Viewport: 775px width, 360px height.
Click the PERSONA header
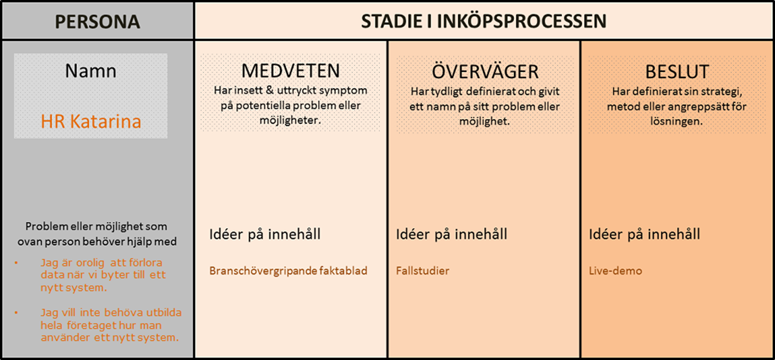[98, 22]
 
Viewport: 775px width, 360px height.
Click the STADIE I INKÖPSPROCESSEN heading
[484, 21]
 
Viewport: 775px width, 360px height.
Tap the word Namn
[90, 71]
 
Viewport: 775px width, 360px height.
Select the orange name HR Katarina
[91, 121]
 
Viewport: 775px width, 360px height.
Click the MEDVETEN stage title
[290, 71]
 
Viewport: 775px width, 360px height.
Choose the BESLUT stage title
[677, 72]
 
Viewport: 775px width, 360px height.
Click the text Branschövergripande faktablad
[288, 271]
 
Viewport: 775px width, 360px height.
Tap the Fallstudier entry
[423, 271]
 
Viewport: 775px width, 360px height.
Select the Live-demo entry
[615, 271]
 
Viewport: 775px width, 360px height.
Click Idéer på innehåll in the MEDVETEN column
[265, 234]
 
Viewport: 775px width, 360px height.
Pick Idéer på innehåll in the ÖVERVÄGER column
[452, 234]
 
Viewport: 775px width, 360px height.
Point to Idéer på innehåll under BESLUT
[645, 234]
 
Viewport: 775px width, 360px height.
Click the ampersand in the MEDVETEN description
[270, 90]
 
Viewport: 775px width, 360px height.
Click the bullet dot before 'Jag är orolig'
[16, 263]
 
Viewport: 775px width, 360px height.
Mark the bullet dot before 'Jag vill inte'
[16, 313]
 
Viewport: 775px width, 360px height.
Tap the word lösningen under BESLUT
[676, 121]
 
